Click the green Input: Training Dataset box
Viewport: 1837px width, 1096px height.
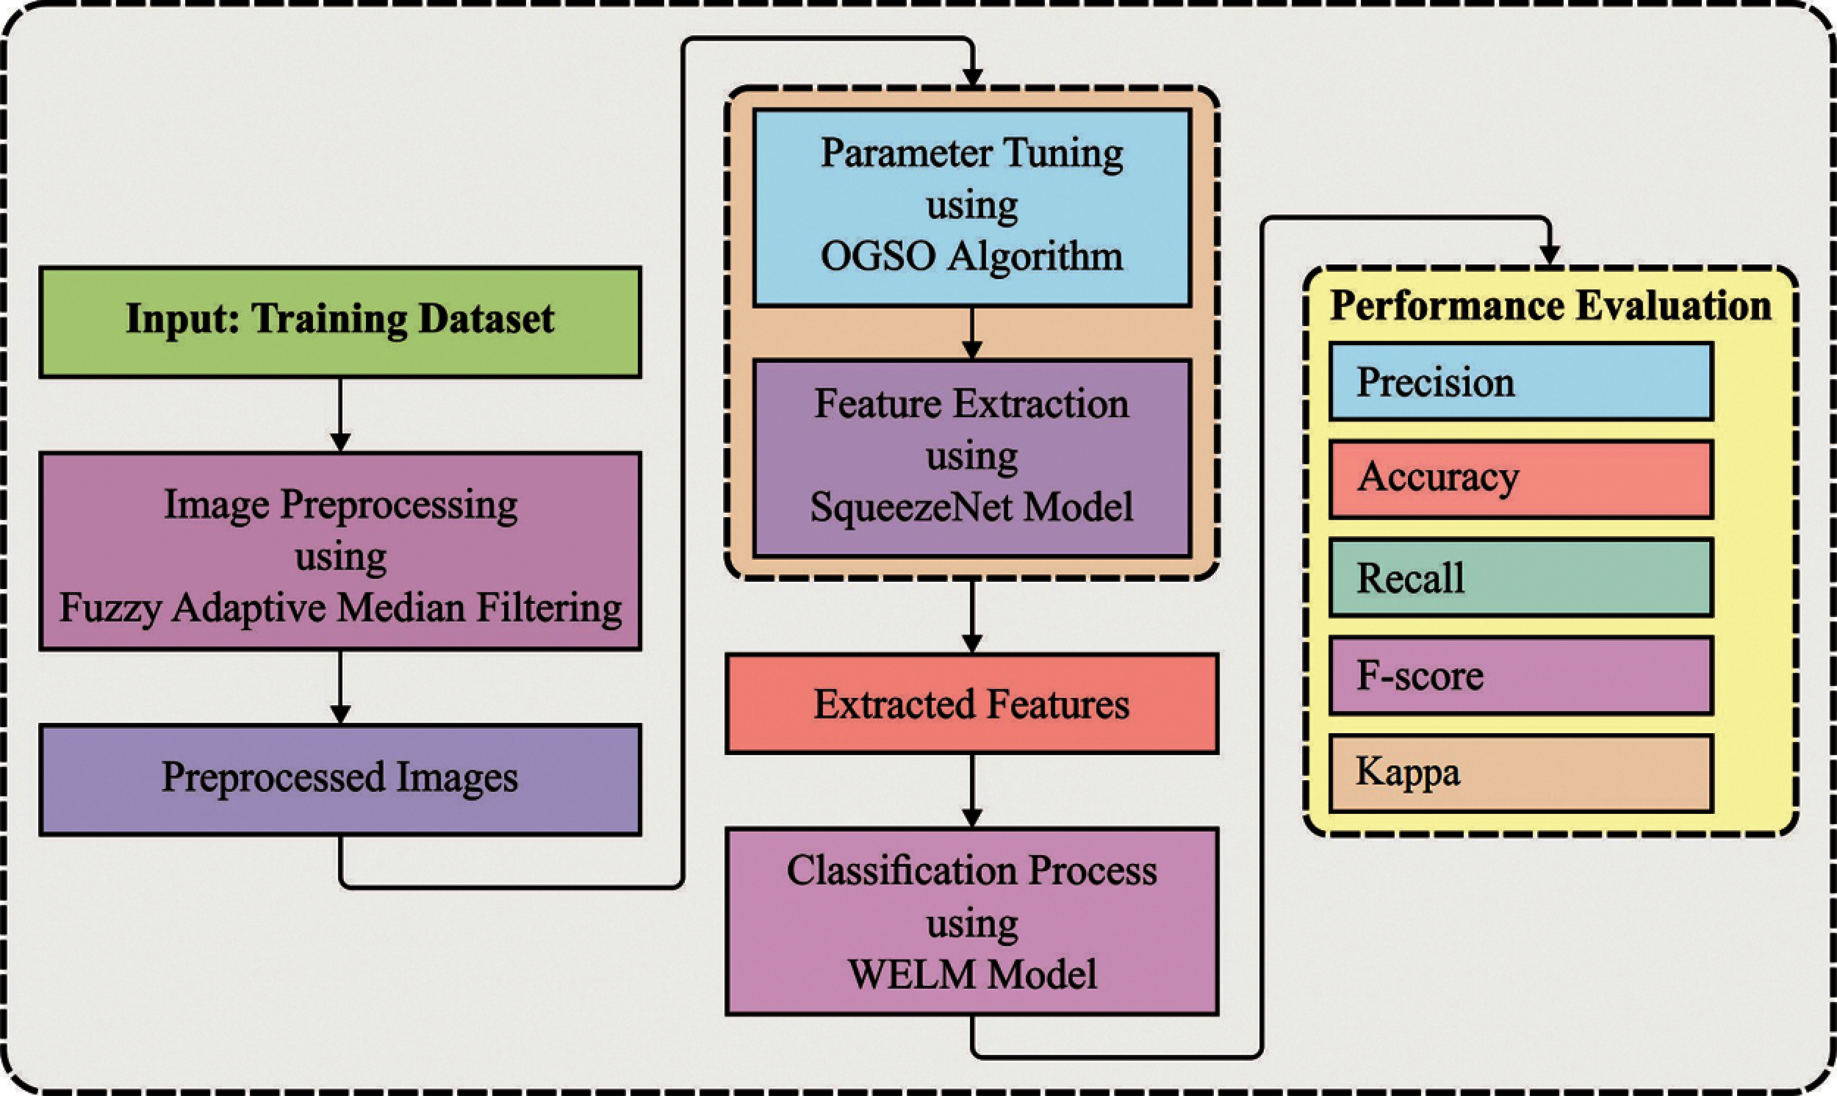point(339,322)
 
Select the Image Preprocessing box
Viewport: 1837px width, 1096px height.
point(339,551)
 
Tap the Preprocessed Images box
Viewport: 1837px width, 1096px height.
point(339,780)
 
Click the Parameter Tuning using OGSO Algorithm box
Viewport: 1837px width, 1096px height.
point(972,208)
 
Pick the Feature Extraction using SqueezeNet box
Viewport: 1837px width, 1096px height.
point(972,458)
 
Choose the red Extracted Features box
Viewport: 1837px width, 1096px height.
point(972,703)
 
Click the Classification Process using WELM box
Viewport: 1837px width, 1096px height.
point(972,922)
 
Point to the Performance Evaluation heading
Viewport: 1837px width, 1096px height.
point(1550,306)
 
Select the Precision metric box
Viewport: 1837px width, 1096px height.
point(1521,382)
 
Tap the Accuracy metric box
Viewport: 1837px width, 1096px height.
point(1521,479)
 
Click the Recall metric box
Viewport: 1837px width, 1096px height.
point(1521,577)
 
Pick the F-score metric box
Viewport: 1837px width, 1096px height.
point(1521,675)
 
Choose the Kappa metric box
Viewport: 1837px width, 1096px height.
point(1521,774)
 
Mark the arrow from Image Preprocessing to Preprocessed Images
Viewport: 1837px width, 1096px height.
point(339,688)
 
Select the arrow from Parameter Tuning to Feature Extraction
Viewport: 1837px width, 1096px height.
point(972,333)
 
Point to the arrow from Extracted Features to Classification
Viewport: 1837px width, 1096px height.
point(972,790)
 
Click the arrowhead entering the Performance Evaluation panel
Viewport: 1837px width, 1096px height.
point(1549,253)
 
